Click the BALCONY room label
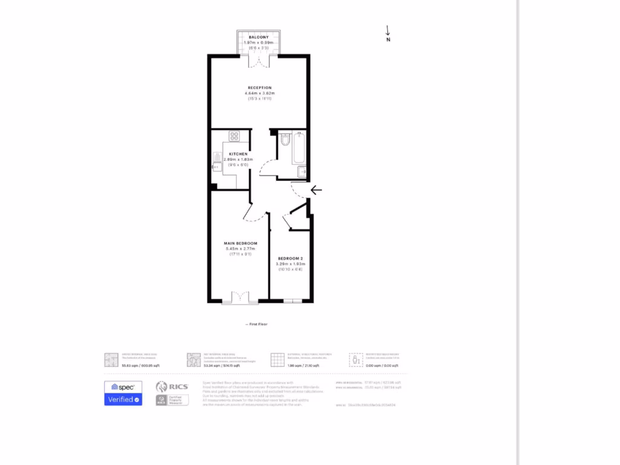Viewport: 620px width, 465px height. (x=259, y=38)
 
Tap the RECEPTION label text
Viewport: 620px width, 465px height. (x=259, y=88)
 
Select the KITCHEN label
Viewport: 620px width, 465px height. (x=238, y=154)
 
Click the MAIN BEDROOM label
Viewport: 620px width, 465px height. (x=240, y=243)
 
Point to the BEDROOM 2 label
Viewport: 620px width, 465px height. (x=290, y=259)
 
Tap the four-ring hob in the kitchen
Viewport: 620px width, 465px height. (x=234, y=136)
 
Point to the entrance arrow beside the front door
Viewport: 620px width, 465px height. (x=316, y=190)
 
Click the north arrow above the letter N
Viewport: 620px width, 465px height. (x=387, y=30)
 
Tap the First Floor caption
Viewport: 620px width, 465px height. (x=257, y=325)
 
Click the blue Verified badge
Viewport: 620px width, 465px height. (x=124, y=400)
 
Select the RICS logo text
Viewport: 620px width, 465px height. (x=180, y=386)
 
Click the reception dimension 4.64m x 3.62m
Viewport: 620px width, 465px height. (x=259, y=93)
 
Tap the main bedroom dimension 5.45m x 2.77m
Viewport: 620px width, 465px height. (x=240, y=249)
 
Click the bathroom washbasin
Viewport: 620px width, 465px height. (x=302, y=172)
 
